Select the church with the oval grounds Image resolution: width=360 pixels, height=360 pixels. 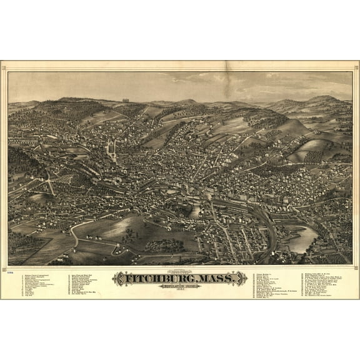(112, 149)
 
